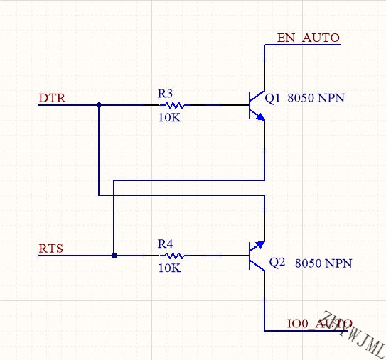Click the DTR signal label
pos(52,98)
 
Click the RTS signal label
pos(51,249)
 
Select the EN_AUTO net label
pos(309,38)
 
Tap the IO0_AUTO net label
pos(320,323)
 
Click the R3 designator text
pos(165,94)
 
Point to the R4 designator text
pos(165,244)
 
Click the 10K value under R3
pos(169,118)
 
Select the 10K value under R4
pos(169,268)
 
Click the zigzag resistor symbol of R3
pos(175,105)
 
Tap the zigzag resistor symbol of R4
pos(175,256)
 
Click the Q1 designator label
pos(272,99)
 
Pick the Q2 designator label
pos(277,263)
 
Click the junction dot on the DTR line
pos(99,105)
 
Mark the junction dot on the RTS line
pos(114,256)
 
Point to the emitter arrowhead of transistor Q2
pos(260,244)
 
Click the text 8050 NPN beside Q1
pos(316,98)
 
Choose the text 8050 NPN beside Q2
pos(323,263)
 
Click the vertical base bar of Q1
pos(250,105)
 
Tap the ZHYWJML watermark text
pos(353,334)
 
